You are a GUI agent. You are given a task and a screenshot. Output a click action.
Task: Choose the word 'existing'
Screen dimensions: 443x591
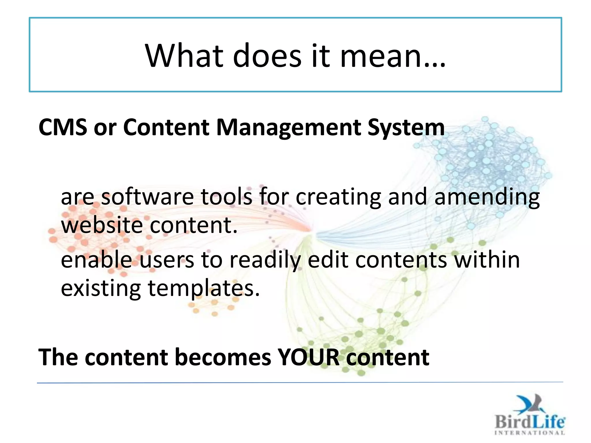(101, 288)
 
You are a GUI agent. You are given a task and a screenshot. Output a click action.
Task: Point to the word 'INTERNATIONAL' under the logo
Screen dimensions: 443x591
(530, 433)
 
